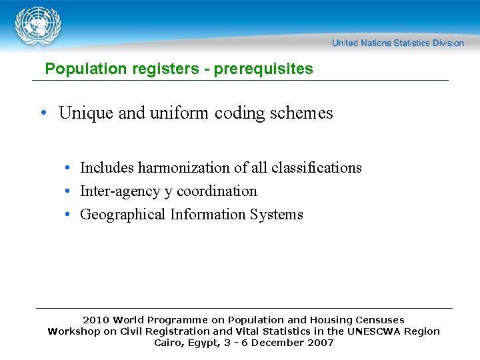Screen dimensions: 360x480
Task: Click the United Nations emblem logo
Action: pos(39,26)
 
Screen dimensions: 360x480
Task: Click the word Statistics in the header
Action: pos(412,43)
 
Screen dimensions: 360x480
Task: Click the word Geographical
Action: pos(123,215)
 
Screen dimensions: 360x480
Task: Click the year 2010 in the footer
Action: pos(95,320)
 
